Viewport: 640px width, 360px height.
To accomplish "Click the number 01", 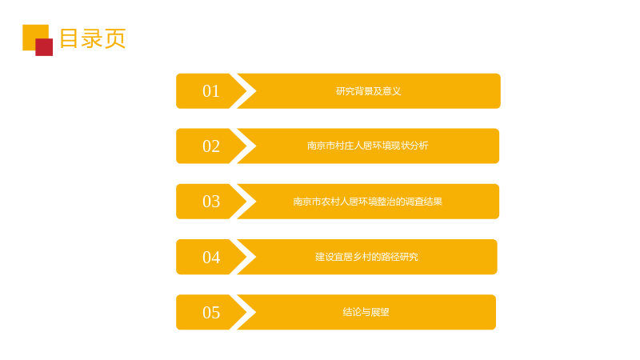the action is (211, 91).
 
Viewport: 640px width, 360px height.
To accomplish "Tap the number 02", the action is (211, 146).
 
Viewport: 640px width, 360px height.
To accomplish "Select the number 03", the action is (211, 202).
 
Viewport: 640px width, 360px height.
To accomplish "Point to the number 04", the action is (211, 257).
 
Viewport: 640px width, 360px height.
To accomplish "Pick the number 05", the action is (211, 313).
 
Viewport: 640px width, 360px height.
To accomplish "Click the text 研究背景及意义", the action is (369, 91).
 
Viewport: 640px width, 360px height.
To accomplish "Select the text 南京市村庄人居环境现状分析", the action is (368, 146).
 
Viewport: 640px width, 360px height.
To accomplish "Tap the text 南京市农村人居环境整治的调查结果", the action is (368, 202).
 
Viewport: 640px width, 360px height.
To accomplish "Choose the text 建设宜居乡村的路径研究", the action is (367, 257).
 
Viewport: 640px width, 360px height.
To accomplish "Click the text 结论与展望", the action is (366, 312).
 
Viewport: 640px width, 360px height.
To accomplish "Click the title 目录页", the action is (93, 38).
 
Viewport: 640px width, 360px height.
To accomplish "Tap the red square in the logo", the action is (44, 47).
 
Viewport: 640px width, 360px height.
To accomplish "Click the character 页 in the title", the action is (115, 38).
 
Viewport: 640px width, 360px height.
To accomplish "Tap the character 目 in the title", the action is (69, 38).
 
